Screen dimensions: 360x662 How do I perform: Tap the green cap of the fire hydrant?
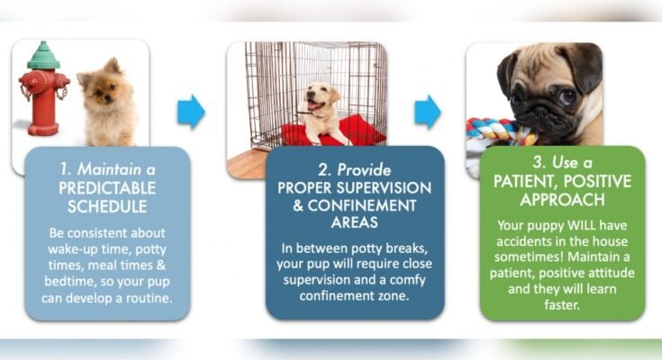[42, 56]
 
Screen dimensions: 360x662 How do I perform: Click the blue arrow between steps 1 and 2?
[191, 112]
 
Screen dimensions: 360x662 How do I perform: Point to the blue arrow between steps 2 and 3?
[428, 112]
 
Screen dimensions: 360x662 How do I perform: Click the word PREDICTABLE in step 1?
[107, 189]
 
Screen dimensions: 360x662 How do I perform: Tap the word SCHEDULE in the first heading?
[107, 206]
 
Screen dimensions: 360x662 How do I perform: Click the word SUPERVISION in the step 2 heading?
[378, 189]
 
